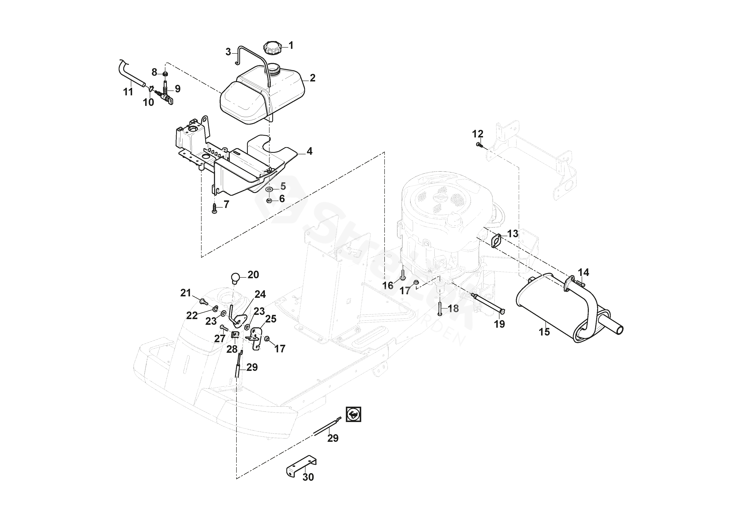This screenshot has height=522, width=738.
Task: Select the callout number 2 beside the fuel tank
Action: point(312,78)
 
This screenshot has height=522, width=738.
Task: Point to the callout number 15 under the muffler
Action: point(544,332)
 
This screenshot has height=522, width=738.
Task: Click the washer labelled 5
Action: point(269,189)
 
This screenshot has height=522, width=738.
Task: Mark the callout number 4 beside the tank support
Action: point(309,151)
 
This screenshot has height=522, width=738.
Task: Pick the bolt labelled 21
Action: point(203,302)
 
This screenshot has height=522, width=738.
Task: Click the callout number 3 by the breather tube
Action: point(228,52)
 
